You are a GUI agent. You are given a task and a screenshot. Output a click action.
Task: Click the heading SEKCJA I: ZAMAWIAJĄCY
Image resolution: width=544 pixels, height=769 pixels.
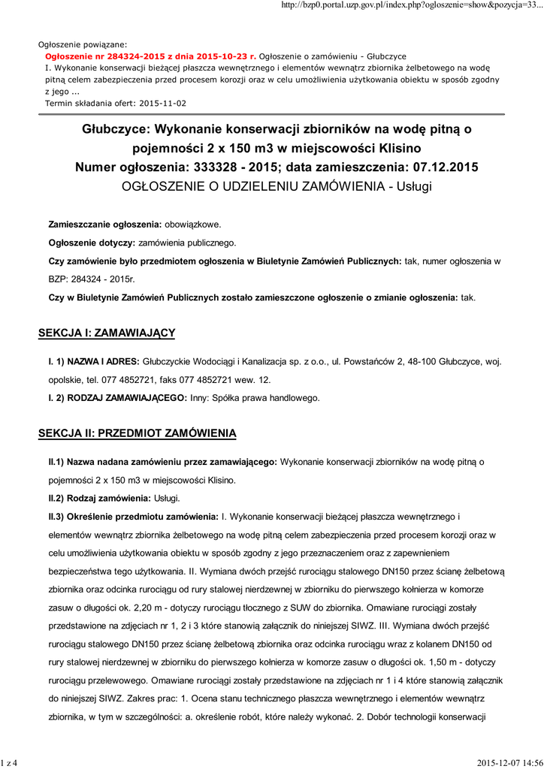[x=107, y=332]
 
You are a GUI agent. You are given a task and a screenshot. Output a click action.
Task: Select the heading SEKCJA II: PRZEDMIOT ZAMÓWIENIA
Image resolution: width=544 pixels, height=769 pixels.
[x=138, y=433]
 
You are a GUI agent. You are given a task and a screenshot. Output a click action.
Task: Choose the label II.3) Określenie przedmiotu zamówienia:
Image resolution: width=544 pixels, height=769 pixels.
[x=133, y=517]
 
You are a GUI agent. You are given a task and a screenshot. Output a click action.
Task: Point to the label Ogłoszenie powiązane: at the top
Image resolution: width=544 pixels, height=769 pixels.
[x=83, y=44]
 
